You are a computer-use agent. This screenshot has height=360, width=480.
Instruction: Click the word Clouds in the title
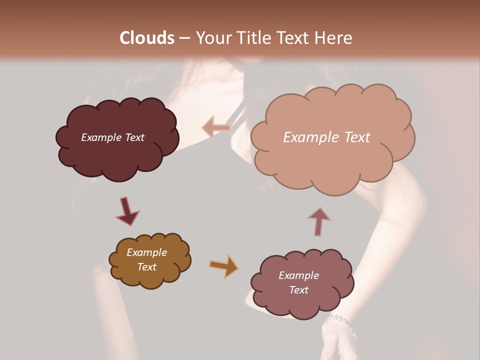click(x=146, y=38)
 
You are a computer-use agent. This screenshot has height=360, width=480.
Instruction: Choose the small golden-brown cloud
click(x=149, y=275)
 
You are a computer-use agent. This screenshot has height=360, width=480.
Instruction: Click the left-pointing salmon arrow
click(x=215, y=127)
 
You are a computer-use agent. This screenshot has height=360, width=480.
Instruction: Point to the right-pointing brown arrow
click(x=223, y=265)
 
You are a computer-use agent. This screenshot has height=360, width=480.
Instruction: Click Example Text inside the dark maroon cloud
click(x=112, y=137)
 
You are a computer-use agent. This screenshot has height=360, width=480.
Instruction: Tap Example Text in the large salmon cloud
click(x=326, y=137)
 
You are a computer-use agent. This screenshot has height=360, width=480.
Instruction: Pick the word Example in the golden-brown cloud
click(x=146, y=252)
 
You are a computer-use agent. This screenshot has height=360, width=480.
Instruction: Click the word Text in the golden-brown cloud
click(x=146, y=267)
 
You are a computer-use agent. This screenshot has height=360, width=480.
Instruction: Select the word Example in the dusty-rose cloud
click(x=298, y=275)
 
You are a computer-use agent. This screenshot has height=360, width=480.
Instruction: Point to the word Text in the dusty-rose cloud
click(x=298, y=290)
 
